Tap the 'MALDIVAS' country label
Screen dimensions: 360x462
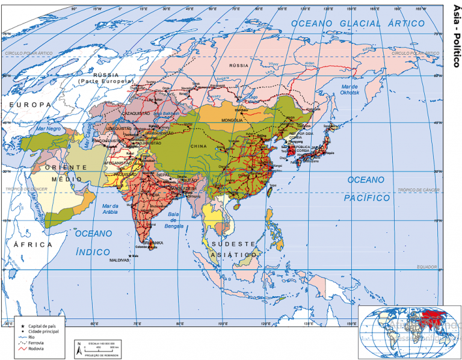point(119,260)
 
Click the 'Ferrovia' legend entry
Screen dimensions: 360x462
point(36,343)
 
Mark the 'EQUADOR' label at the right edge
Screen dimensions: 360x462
point(430,267)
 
